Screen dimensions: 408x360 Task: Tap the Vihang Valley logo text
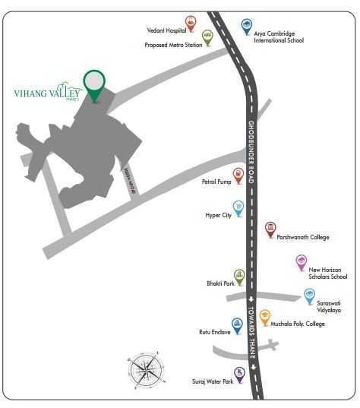coord(51,94)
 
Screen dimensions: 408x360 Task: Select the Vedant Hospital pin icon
coord(191,24)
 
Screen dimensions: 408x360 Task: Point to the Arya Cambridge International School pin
coord(246,27)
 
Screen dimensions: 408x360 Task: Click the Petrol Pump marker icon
coord(238,176)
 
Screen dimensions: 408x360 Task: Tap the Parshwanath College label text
coord(302,237)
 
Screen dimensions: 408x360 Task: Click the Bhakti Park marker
coord(239,276)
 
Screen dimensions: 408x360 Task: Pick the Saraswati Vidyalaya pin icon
coord(309,296)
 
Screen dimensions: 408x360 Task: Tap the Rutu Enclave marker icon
coord(237,325)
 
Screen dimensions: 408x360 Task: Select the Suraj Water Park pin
coord(239,373)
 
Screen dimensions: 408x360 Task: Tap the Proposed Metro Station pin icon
coord(208,37)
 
